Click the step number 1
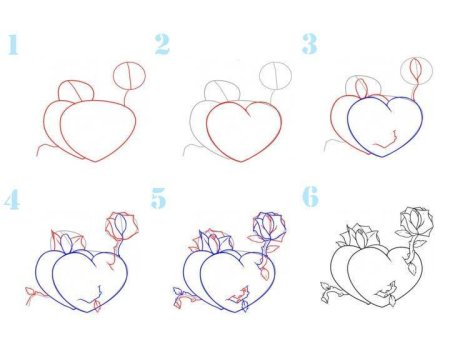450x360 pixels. coord(13,44)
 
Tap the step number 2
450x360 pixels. coord(162,44)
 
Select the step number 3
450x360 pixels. coord(309,44)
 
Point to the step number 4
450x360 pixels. coord(12,200)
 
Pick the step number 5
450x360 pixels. coord(158,198)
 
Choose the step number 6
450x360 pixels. coord(310,197)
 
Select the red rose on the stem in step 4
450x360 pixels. coord(122,226)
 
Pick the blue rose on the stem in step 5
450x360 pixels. coord(269,226)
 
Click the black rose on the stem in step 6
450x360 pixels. coord(417,222)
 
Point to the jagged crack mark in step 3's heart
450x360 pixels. coord(387,141)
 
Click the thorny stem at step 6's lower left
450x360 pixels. coord(330,292)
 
